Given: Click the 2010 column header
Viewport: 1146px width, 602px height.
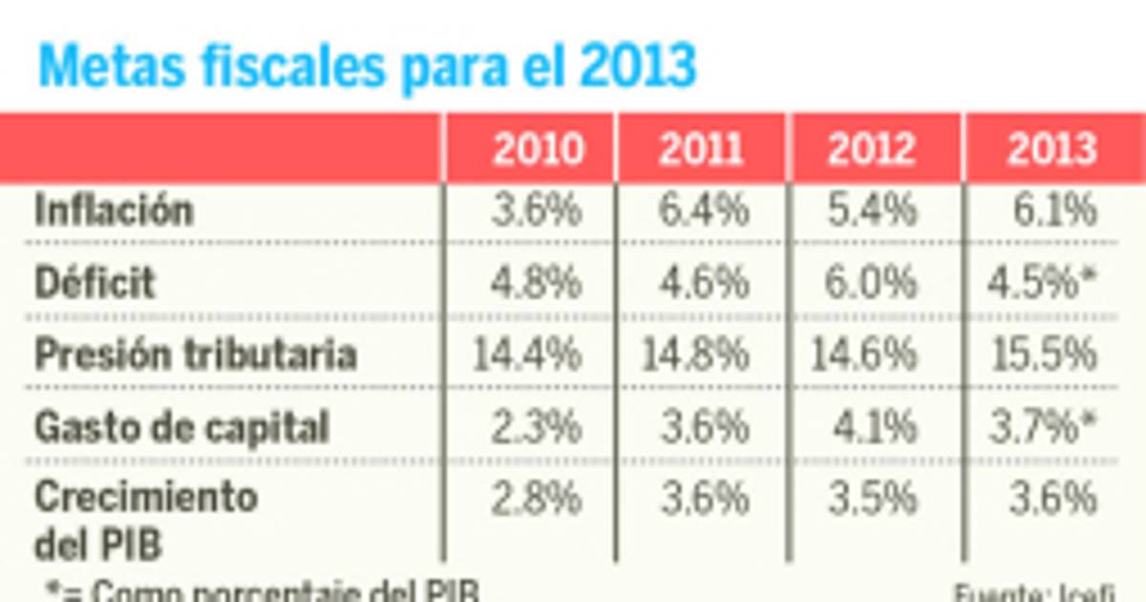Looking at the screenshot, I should tap(538, 150).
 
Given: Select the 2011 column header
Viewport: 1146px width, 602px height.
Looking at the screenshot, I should tap(702, 150).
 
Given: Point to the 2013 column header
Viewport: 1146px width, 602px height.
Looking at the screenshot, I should tap(1051, 150).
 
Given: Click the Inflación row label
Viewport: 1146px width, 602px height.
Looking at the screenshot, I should tap(114, 210).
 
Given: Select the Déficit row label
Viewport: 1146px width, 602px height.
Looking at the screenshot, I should tap(95, 283).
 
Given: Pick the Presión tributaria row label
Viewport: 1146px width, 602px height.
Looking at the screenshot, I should tap(196, 355).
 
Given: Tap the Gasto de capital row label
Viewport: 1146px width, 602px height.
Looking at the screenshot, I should tap(181, 427).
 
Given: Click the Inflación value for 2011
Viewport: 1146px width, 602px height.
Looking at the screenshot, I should tap(703, 210).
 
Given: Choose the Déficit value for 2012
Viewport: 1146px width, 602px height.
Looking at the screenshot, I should tap(872, 283).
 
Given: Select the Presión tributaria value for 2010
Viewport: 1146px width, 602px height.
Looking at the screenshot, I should tap(527, 355).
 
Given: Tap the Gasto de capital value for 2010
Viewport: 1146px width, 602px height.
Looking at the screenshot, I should tap(537, 427).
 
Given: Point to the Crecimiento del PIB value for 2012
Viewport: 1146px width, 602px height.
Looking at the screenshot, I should tap(872, 499).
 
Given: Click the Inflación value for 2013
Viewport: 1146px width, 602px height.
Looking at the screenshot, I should tap(1054, 210).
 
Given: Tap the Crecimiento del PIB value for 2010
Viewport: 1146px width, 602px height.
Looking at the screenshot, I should tap(537, 499).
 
